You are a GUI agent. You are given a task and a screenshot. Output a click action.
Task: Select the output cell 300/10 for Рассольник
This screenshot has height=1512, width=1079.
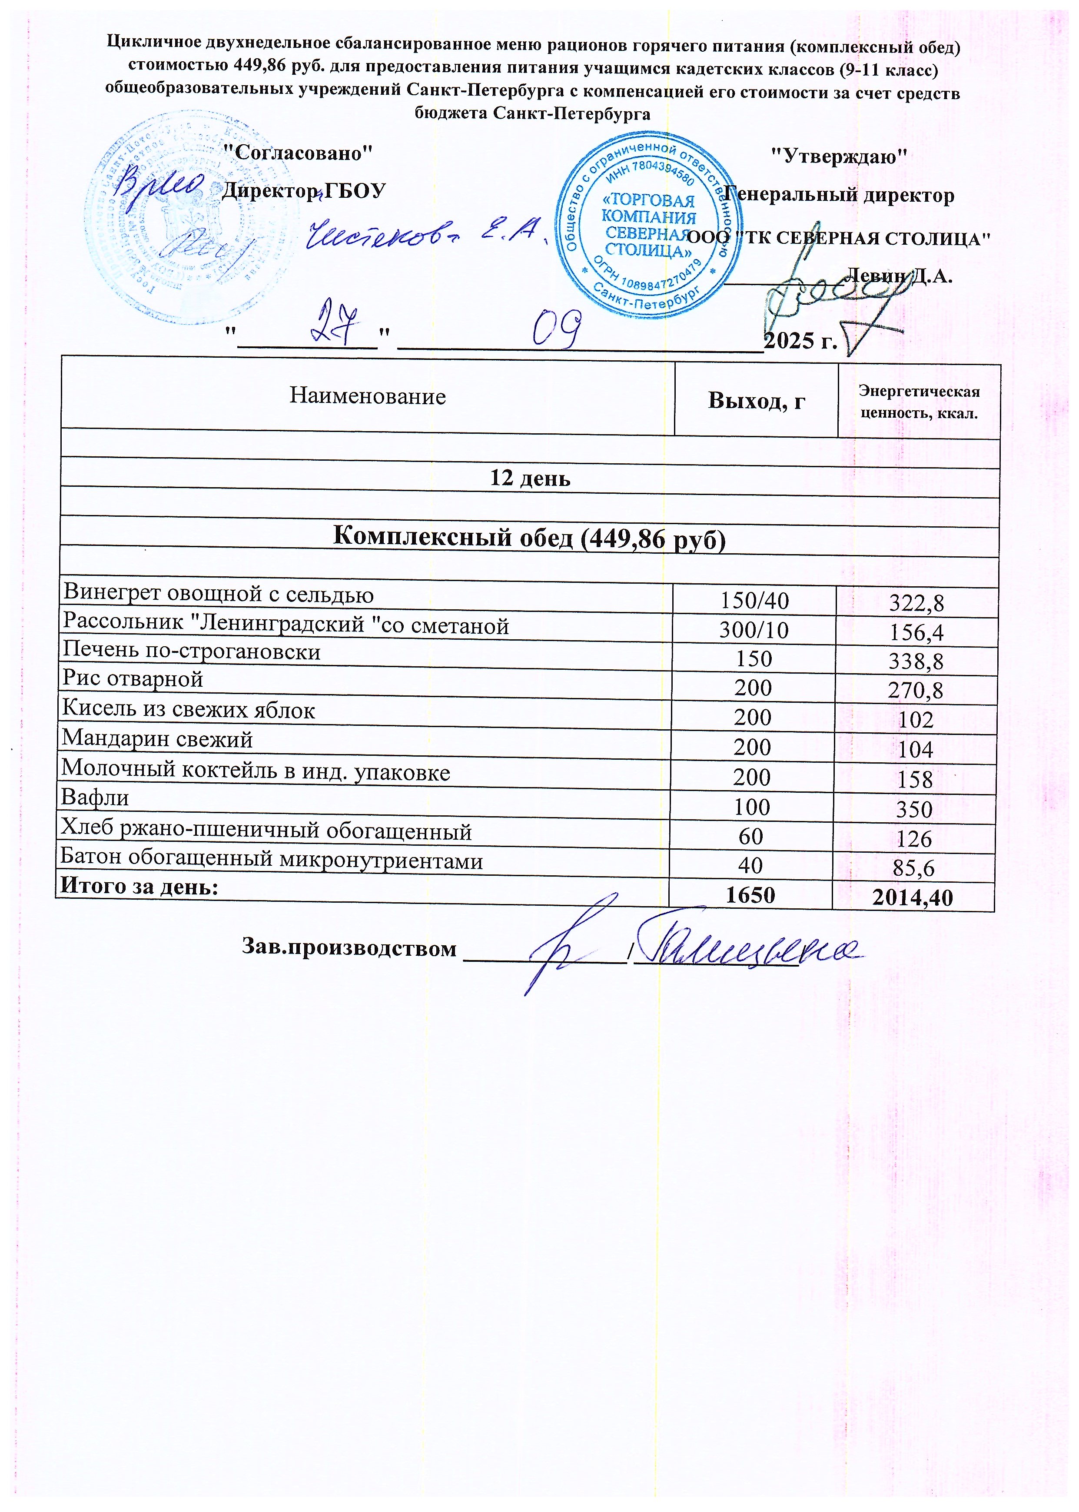(754, 630)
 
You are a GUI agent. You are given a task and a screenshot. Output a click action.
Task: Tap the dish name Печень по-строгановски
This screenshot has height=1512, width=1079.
(191, 652)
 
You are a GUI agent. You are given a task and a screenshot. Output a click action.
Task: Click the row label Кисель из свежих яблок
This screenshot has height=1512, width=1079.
(189, 710)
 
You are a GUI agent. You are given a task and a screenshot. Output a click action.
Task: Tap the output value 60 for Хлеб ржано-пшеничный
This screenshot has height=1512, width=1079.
(751, 836)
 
